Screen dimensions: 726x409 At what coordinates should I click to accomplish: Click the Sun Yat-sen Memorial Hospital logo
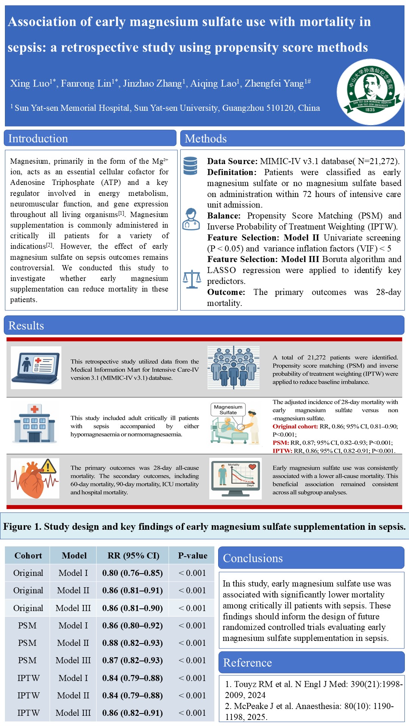coord(370,92)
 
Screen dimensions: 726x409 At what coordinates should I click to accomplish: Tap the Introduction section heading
coord(38,138)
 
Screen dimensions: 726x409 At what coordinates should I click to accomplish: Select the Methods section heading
coord(206,139)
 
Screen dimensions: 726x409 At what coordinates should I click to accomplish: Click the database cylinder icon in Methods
coord(190,166)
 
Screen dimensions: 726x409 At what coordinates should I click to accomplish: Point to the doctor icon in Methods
coord(191,219)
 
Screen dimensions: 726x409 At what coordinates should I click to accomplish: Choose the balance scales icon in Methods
coord(192,279)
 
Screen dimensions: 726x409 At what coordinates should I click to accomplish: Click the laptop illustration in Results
coord(36,368)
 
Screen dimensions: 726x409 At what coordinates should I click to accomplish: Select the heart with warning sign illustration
coord(35,478)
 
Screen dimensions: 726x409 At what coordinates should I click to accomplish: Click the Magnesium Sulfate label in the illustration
coord(228,410)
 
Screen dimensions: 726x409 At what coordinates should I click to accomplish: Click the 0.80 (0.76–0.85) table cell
coord(133,573)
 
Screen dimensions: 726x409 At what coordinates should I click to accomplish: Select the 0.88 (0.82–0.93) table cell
coord(133,643)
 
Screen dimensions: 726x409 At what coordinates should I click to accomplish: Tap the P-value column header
coord(193,555)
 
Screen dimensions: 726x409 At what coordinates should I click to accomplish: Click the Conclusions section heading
coord(253,558)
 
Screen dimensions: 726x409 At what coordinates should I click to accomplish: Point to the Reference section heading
coord(247,663)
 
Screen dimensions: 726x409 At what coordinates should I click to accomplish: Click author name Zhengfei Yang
coord(274,84)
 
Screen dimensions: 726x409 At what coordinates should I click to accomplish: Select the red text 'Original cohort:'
coord(295,427)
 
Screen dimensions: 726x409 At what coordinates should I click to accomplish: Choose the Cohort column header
coord(28,555)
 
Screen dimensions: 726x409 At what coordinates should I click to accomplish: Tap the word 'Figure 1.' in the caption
coord(22,527)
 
